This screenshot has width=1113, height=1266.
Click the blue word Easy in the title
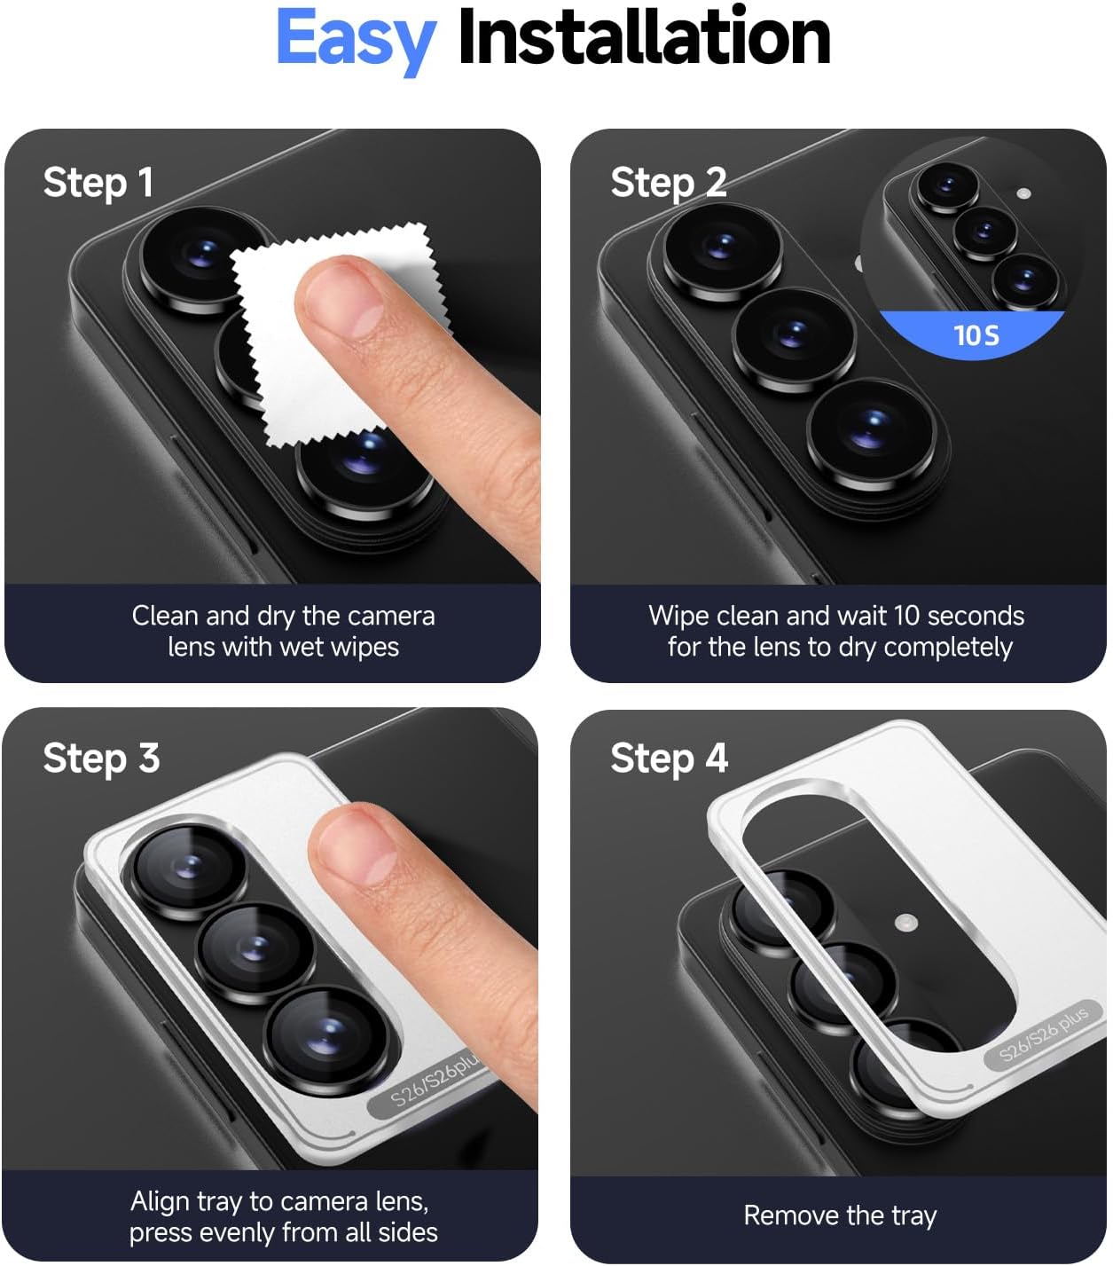click(356, 42)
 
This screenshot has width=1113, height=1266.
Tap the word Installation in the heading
click(645, 36)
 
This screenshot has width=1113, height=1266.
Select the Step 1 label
click(98, 184)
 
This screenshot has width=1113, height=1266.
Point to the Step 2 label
click(669, 184)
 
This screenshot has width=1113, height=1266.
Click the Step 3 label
click(101, 759)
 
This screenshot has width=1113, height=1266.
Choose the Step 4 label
click(669, 759)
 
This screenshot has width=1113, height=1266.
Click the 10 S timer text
click(976, 336)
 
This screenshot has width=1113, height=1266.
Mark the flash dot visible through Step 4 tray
click(905, 923)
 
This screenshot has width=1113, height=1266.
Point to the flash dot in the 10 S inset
click(1023, 193)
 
